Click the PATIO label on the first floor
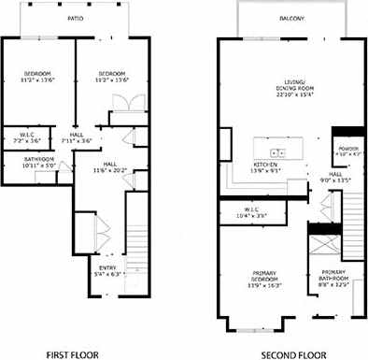(76, 18)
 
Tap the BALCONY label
(290, 18)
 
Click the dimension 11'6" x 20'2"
(116, 171)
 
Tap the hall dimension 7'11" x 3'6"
(77, 141)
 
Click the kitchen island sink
(276, 151)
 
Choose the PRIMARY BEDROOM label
(268, 277)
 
